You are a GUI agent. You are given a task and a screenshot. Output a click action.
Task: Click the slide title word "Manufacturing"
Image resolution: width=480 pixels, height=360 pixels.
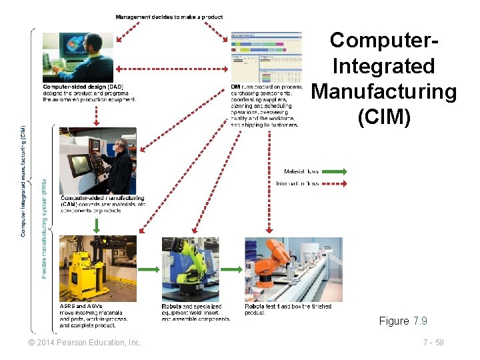click(x=384, y=91)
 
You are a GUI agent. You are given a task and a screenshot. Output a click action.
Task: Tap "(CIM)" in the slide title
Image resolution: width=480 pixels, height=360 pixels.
click(x=384, y=117)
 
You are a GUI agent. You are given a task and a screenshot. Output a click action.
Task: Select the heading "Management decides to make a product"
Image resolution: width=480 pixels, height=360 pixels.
click(x=169, y=17)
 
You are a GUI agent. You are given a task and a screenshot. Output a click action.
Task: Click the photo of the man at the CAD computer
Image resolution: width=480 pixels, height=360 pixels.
click(x=78, y=57)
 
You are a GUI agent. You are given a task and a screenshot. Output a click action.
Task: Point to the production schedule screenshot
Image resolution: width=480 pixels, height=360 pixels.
click(x=266, y=57)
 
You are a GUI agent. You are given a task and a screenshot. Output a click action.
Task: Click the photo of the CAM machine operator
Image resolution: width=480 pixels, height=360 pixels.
click(x=97, y=161)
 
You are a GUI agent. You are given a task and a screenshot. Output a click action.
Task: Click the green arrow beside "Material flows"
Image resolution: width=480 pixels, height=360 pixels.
click(x=335, y=172)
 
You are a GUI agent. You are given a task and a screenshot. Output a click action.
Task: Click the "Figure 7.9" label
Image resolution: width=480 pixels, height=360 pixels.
click(x=403, y=321)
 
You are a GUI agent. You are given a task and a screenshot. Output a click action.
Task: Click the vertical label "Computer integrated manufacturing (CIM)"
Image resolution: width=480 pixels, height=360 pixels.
click(x=23, y=180)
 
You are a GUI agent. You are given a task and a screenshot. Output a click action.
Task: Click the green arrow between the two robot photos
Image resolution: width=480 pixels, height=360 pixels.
click(x=231, y=269)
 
